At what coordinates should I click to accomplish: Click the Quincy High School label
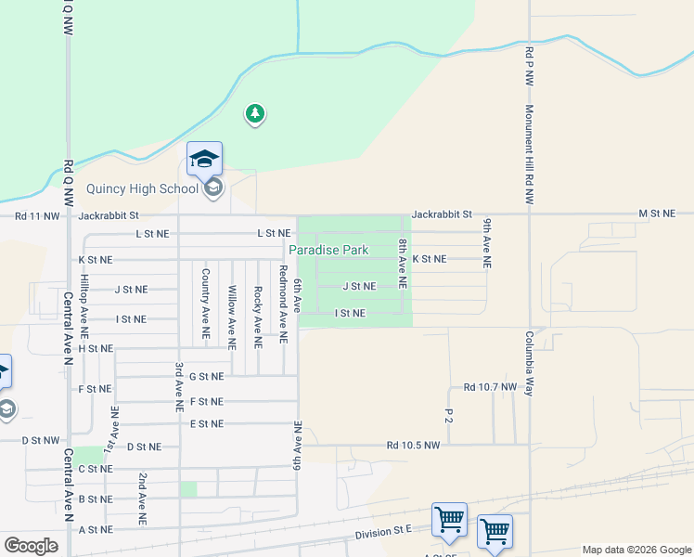[x=142, y=188]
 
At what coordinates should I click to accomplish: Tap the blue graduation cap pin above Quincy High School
[x=204, y=160]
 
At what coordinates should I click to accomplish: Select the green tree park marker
[x=254, y=114]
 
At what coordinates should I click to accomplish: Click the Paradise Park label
[x=328, y=250]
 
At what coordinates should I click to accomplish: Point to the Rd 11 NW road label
[x=37, y=215]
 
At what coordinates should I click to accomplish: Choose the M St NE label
[x=659, y=214]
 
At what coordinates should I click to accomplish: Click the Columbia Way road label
[x=529, y=364]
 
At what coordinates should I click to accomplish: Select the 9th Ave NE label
[x=486, y=243]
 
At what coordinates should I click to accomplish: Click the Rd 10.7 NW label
[x=490, y=386]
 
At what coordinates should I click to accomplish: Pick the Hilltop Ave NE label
[x=84, y=299]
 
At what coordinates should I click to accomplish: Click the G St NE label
[x=206, y=376]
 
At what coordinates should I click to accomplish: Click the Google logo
[x=32, y=546]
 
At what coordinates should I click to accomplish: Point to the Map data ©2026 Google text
[x=636, y=550]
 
